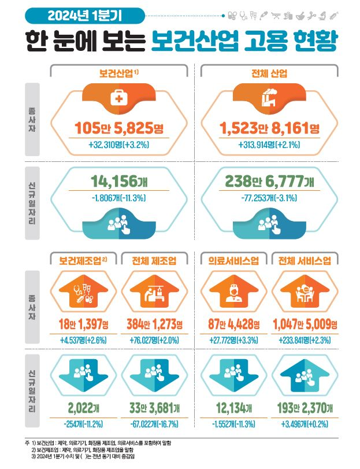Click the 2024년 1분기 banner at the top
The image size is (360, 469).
coord(85,16)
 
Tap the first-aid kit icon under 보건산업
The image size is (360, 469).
coord(119,97)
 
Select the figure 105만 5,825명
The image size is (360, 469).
coord(119,128)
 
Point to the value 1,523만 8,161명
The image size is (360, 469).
coord(269,128)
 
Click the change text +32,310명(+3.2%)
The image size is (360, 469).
coord(119,145)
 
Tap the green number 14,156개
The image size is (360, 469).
coord(119,181)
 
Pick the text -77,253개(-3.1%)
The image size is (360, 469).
coord(269,198)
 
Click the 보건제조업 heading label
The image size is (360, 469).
coord(83,261)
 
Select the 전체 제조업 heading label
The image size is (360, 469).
coord(154,261)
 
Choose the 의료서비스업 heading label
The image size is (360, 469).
coord(233,261)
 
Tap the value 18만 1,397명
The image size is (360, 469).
coord(84,324)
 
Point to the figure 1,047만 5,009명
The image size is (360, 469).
coord(305,324)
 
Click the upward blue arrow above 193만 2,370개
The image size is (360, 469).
coord(305,375)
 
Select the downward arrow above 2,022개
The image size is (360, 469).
coord(84,375)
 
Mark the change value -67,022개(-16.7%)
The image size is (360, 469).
coord(154,424)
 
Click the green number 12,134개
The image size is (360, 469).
coord(234,408)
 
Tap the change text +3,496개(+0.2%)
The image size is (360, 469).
coord(305,424)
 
